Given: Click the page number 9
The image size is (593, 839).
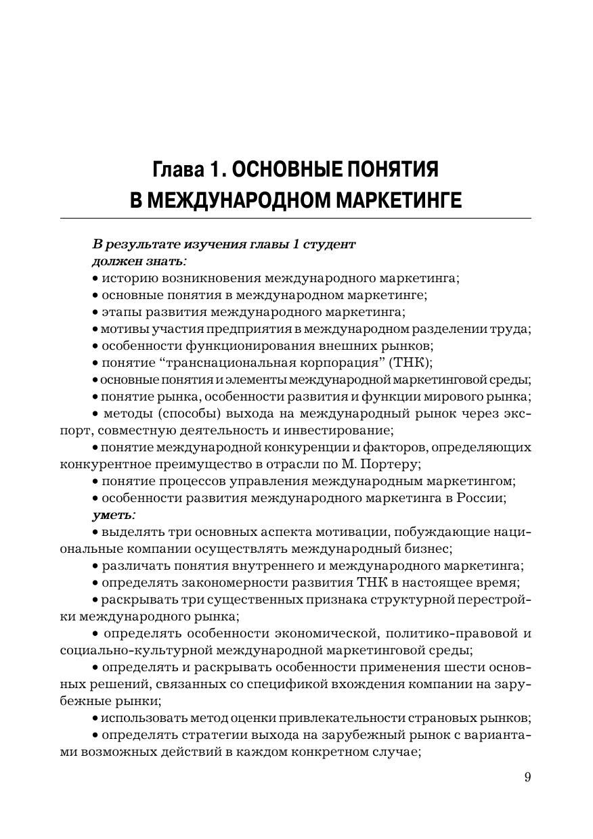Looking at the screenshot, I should tap(527, 777).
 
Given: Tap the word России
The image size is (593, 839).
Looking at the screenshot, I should tap(481, 498).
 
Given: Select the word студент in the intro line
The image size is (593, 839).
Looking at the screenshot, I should tap(328, 244).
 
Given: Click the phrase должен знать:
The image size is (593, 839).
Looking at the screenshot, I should tap(139, 261).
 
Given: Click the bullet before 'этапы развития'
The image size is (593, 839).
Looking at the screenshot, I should tap(95, 313).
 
